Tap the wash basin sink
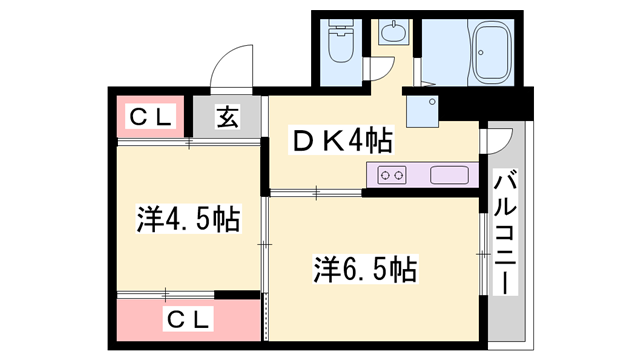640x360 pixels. coord(392,33)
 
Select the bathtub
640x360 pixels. coord(492,52)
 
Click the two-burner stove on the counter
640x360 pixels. coord(393,176)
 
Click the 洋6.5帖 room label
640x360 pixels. coord(365,268)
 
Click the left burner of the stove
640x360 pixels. coord(387,176)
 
